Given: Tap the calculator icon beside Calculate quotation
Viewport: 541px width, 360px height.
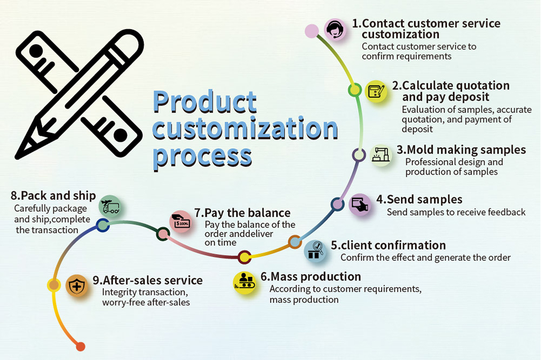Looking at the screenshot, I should click(x=376, y=91).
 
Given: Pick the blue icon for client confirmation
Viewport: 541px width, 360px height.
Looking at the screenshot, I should click(x=315, y=250).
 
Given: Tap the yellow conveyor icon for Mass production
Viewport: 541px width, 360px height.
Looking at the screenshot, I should click(x=244, y=282).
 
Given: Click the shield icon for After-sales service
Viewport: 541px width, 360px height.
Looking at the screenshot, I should click(x=77, y=286).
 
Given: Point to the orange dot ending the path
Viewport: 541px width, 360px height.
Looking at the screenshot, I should click(x=81, y=346).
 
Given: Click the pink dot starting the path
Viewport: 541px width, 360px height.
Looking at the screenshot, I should click(x=311, y=30).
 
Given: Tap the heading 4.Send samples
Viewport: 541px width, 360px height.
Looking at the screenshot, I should click(x=419, y=199).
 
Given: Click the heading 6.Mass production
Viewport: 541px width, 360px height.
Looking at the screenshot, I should click(x=311, y=277).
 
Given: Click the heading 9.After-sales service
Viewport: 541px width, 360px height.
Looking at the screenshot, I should click(x=147, y=280).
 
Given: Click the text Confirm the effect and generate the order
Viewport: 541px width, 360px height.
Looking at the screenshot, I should click(x=425, y=258).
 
